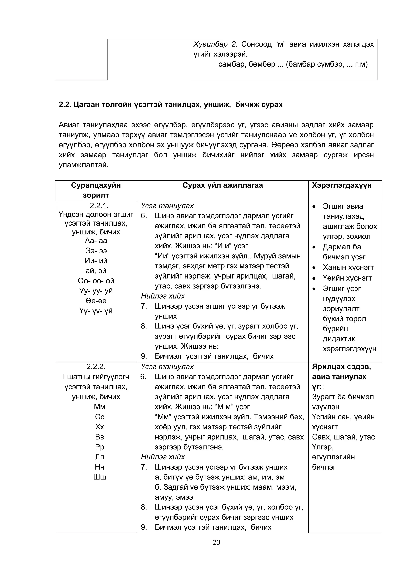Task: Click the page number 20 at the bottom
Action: pyautogui.click(x=216, y=543)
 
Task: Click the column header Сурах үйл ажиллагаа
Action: pyautogui.click(x=222, y=185)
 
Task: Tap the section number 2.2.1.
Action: pyautogui.click(x=96, y=206)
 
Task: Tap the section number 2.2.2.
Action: pyautogui.click(x=96, y=367)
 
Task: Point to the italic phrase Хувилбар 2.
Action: pyautogui.click(x=215, y=44)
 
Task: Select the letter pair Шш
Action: pyautogui.click(x=99, y=477)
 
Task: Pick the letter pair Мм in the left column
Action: pyautogui.click(x=99, y=407)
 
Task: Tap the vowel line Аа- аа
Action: pyautogui.click(x=96, y=240)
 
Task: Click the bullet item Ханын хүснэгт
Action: pyautogui.click(x=348, y=267)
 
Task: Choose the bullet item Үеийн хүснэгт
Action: pyautogui.click(x=347, y=278)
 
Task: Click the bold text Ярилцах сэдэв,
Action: pyautogui.click(x=341, y=367)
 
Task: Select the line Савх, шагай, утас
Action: pyautogui.click(x=343, y=437)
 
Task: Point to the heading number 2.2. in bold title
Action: pyautogui.click(x=65, y=105)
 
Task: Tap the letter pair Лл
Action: pyautogui.click(x=99, y=457)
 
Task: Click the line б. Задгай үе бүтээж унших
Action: pyautogui.click(x=225, y=487)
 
